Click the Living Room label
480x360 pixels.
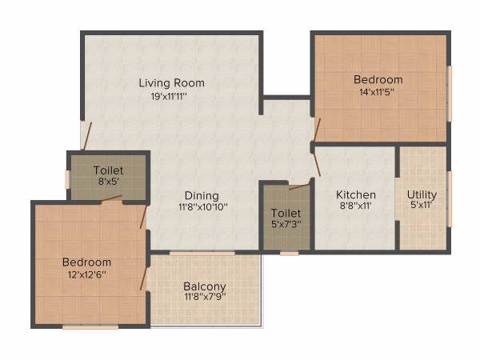(x=171, y=82)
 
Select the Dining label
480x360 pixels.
(x=202, y=195)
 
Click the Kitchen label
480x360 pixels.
(x=356, y=194)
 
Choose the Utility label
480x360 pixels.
(x=422, y=194)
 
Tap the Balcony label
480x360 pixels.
(x=205, y=286)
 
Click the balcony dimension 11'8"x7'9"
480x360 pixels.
(x=205, y=298)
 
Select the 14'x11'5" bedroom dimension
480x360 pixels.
(x=378, y=92)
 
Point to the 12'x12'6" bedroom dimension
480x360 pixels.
(x=86, y=274)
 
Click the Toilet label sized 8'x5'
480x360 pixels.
(x=108, y=170)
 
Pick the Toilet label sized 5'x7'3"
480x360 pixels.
(x=286, y=214)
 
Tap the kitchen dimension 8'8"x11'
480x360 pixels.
(x=356, y=207)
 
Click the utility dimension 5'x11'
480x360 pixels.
(x=422, y=207)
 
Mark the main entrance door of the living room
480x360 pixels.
(x=86, y=135)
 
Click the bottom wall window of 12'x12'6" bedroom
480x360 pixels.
(x=90, y=326)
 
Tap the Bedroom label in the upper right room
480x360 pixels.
(x=378, y=79)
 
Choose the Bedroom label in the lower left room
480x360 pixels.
(x=86, y=262)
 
